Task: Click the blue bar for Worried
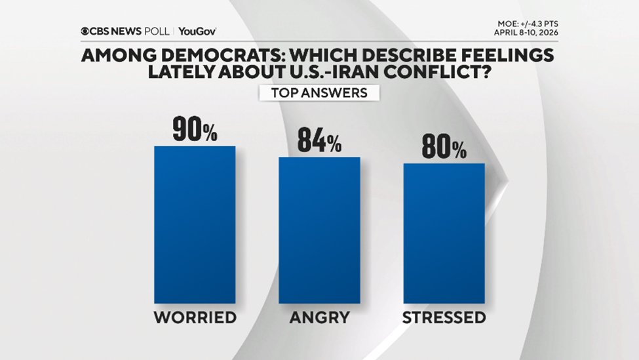coord(194,224)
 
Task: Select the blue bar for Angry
coord(319,230)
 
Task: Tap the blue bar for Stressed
coord(444,233)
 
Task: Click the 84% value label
coord(319,142)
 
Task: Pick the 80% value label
coord(444,148)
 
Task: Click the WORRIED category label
coord(195,318)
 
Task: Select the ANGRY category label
coord(319,318)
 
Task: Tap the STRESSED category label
coord(444,318)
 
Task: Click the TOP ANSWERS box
coord(319,92)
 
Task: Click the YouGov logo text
coord(197,31)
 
